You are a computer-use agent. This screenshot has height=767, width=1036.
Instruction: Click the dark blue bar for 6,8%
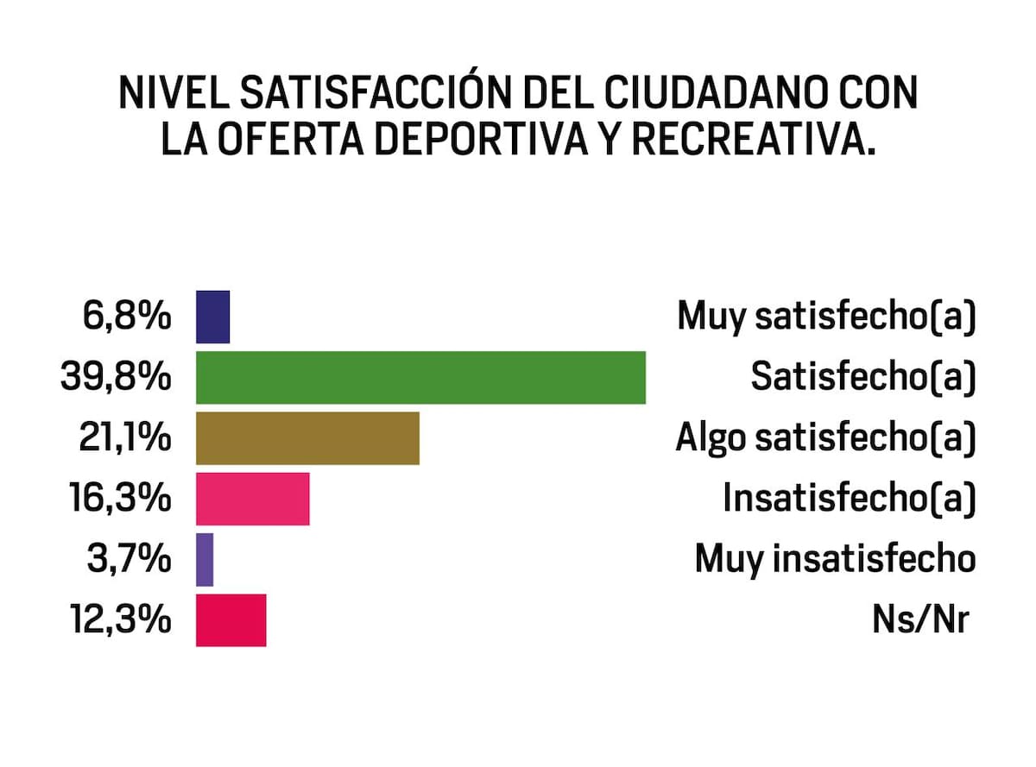click(x=212, y=317)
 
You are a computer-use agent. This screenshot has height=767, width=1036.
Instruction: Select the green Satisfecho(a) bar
click(x=420, y=378)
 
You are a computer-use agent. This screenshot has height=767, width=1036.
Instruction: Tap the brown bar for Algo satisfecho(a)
click(x=307, y=438)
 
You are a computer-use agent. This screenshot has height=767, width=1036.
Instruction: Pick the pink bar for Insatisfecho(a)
click(x=253, y=499)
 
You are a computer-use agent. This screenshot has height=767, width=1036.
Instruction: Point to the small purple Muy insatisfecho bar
click(x=205, y=560)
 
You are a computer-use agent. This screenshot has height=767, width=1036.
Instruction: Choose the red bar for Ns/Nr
click(x=231, y=620)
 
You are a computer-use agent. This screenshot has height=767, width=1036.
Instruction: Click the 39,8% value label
click(x=116, y=378)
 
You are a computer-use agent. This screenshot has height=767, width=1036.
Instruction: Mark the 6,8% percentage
click(x=127, y=317)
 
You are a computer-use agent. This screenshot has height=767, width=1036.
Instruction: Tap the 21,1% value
click(x=125, y=438)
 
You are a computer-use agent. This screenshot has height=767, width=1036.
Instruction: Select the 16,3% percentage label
click(x=121, y=499)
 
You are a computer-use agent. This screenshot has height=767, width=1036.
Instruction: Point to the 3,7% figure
click(x=129, y=560)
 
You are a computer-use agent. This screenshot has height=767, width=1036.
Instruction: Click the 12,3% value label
click(x=121, y=620)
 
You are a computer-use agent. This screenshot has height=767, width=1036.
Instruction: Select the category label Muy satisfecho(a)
click(x=827, y=317)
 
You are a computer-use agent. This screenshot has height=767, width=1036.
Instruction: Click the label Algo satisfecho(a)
click(x=826, y=439)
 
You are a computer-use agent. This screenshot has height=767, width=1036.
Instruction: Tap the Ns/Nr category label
click(x=921, y=621)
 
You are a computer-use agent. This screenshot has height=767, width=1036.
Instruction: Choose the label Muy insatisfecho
click(x=836, y=560)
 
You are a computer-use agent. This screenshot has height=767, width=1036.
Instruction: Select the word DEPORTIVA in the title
click(x=481, y=138)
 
